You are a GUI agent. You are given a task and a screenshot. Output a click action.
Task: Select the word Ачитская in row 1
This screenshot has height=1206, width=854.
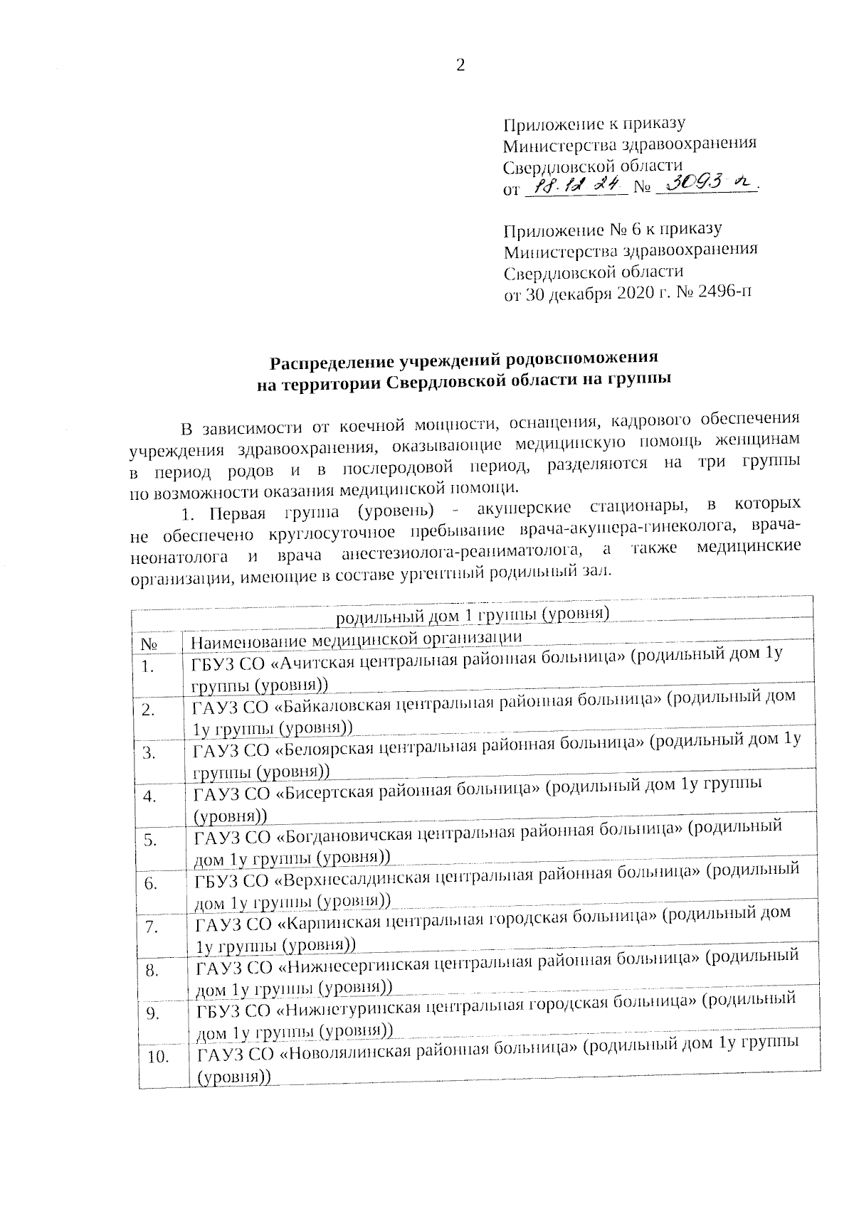(319, 661)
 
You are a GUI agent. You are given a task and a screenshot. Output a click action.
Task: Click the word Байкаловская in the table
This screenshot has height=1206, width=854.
(337, 703)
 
